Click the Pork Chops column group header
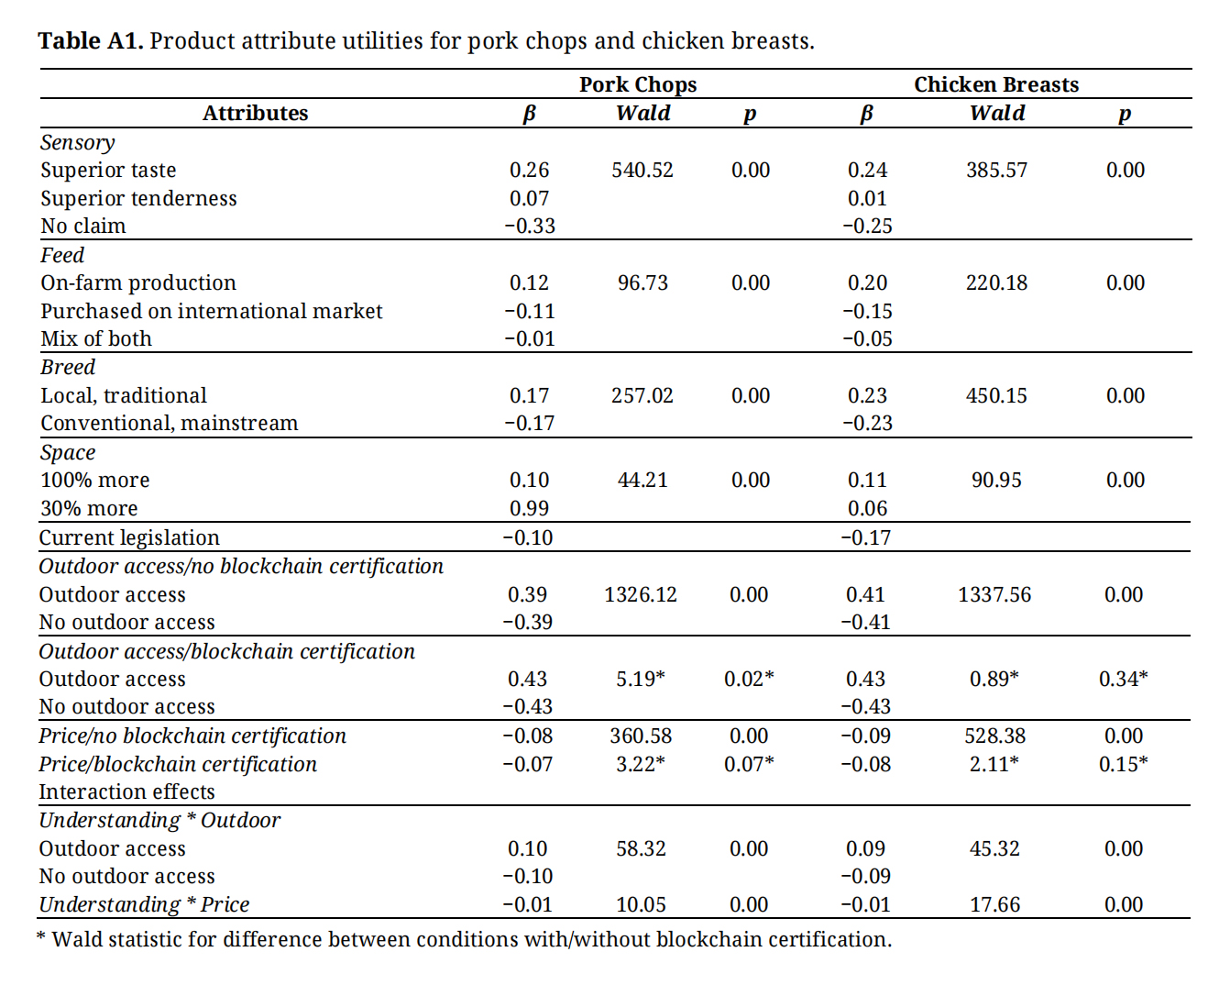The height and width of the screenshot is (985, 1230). (638, 84)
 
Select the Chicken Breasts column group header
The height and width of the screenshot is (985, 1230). (996, 84)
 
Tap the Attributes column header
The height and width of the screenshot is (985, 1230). (255, 113)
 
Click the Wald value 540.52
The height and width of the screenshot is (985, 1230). (642, 170)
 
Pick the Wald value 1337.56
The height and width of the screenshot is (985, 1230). (994, 594)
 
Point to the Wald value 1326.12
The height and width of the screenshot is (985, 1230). (640, 594)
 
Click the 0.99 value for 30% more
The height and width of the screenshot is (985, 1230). (529, 508)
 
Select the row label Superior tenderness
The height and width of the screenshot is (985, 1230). (138, 198)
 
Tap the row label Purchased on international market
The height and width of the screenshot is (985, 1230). (211, 311)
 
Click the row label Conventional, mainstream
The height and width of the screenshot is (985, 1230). (169, 423)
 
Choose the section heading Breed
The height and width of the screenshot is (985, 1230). (68, 367)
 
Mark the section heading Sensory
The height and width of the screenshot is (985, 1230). (78, 142)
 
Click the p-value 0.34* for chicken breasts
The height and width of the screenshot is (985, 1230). (1123, 679)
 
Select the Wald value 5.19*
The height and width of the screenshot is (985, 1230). (640, 679)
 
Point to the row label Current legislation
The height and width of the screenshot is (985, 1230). (129, 537)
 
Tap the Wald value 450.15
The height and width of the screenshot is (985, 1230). (996, 395)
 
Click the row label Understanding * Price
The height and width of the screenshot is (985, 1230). (144, 904)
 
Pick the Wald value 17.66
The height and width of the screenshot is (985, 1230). (994, 904)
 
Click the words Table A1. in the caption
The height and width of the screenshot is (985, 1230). (90, 41)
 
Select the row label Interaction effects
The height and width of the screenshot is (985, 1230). (126, 791)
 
